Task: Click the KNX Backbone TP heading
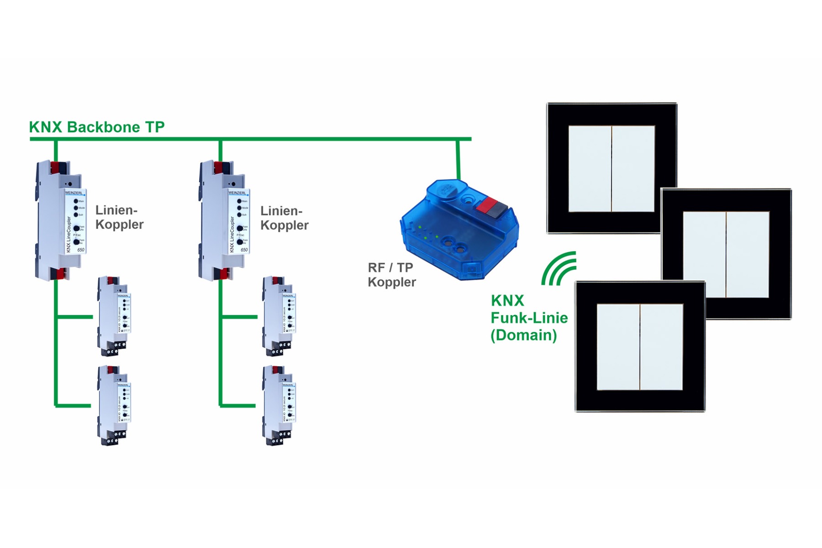tap(97, 127)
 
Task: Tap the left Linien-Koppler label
tap(119, 217)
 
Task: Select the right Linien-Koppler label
tap(284, 218)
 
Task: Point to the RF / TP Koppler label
tap(391, 274)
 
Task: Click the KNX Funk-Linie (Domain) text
tap(528, 318)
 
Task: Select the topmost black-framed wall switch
tap(611, 168)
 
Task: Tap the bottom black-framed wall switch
tap(640, 347)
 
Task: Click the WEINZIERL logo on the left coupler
tap(74, 193)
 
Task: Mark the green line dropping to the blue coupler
tap(458, 160)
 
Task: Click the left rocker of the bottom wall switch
tap(618, 347)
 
